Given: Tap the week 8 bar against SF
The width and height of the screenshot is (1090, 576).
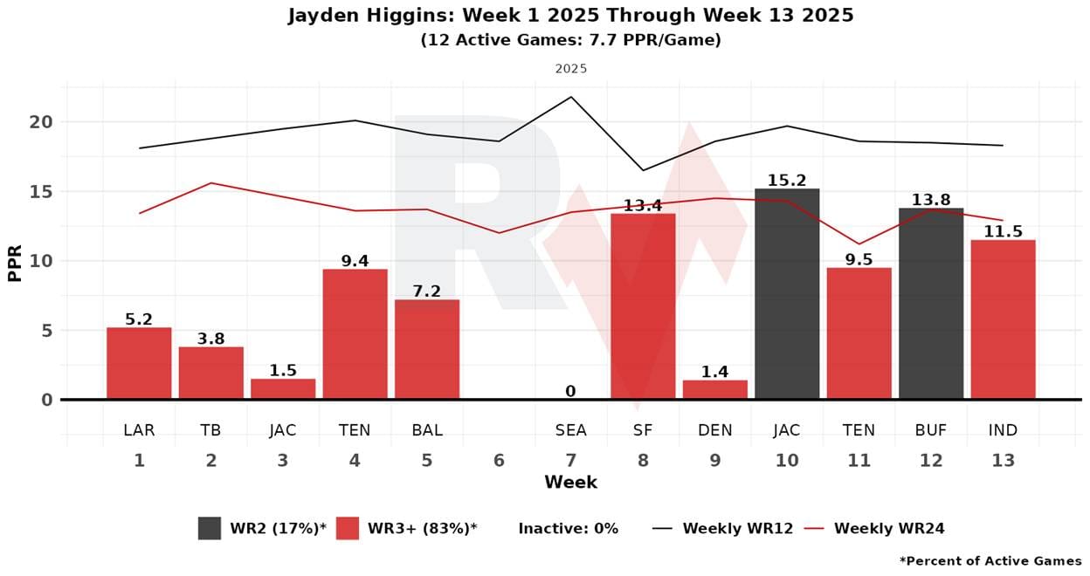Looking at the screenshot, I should [643, 306].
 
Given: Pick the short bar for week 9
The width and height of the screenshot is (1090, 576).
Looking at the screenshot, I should [714, 390].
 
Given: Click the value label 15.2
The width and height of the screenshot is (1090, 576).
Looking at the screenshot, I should [787, 181].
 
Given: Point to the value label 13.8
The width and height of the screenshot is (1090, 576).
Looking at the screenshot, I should [931, 200].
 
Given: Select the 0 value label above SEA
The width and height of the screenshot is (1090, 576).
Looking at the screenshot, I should [570, 392].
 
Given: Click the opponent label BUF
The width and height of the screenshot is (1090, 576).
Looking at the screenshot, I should [931, 429].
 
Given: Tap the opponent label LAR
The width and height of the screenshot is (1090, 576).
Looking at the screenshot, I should [139, 429].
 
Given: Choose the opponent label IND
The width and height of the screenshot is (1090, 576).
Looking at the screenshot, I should [1003, 429].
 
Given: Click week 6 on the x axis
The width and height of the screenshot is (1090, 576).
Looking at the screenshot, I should [499, 460].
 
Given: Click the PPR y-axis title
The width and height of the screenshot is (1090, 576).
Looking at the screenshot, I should [15, 261].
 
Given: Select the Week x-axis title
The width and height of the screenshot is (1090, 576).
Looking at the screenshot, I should [570, 482].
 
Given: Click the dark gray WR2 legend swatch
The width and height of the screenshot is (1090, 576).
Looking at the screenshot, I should [210, 528].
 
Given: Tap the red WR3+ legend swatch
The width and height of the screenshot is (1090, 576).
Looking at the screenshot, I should [348, 528].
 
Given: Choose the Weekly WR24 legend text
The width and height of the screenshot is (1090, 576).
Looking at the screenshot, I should [888, 528].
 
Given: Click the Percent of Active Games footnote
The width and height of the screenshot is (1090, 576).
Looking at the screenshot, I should [990, 560].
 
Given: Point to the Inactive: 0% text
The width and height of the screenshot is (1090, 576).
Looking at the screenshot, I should [568, 528].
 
